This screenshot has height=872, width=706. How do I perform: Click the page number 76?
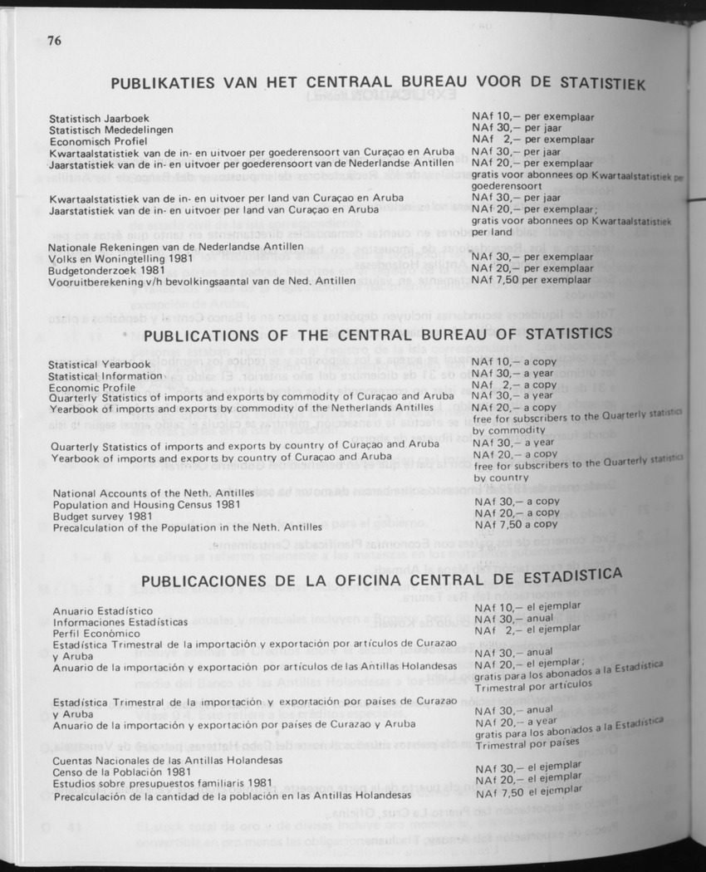pyautogui.click(x=56, y=41)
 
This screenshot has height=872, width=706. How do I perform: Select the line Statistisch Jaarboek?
pyautogui.click(x=99, y=119)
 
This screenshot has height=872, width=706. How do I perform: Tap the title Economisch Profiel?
pyautogui.click(x=98, y=142)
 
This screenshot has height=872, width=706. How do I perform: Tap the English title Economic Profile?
pyautogui.click(x=91, y=387)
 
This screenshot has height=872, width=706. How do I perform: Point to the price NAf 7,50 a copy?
pyautogui.click(x=516, y=524)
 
